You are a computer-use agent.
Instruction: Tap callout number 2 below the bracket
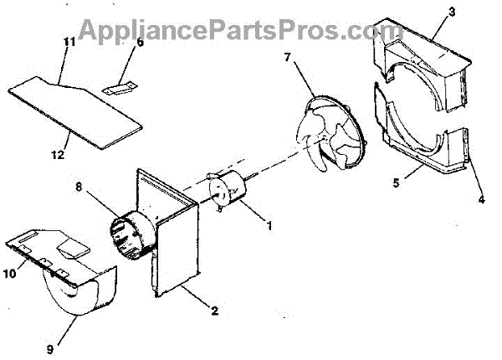(215, 311)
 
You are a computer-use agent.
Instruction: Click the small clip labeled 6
(120, 85)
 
